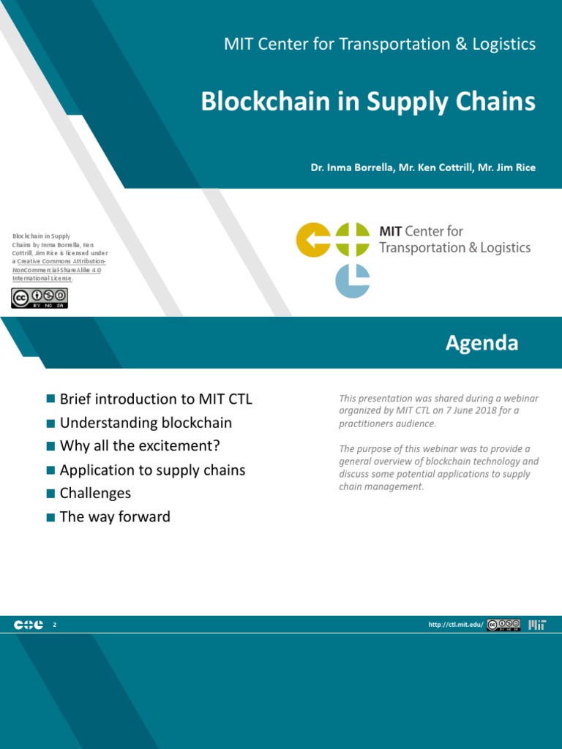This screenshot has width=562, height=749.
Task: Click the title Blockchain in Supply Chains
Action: pyautogui.click(x=368, y=102)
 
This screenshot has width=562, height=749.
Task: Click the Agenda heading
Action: pyautogui.click(x=482, y=343)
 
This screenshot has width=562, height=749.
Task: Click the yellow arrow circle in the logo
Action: pyautogui.click(x=313, y=240)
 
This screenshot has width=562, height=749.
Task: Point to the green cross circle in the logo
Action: pyautogui.click(x=353, y=240)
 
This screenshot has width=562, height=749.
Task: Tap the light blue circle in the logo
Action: pyautogui.click(x=353, y=280)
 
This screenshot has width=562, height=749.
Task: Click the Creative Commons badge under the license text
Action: pyautogui.click(x=40, y=298)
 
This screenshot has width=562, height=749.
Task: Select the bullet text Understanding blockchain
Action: pyautogui.click(x=146, y=423)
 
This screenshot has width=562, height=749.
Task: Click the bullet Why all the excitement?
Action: pyautogui.click(x=140, y=446)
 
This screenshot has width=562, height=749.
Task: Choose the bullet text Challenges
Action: pyautogui.click(x=95, y=493)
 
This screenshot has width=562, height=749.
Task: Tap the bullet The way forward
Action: pyautogui.click(x=115, y=516)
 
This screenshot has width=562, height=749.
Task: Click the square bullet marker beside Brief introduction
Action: pyautogui.click(x=50, y=399)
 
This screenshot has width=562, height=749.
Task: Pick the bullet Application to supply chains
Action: pyautogui.click(x=152, y=470)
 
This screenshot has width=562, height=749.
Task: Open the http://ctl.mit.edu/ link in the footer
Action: pyautogui.click(x=456, y=625)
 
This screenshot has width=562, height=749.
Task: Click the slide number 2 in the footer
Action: pyautogui.click(x=54, y=625)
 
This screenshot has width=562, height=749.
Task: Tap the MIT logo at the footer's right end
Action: pyautogui.click(x=537, y=625)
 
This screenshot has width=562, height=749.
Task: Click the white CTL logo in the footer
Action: pyautogui.click(x=29, y=625)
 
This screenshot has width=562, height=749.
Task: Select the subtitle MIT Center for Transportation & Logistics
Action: pyautogui.click(x=380, y=44)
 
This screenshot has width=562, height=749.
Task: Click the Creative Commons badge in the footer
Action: pyautogui.click(x=504, y=625)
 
